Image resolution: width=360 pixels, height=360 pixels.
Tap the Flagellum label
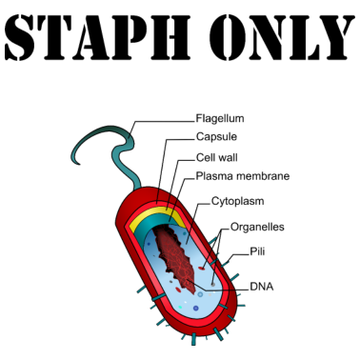pos(220,119)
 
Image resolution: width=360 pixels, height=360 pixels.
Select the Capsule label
pos(216,138)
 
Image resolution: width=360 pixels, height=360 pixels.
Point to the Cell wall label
pos(218,157)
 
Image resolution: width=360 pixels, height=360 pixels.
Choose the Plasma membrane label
pos(243,176)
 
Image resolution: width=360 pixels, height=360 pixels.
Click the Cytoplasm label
pos(237,202)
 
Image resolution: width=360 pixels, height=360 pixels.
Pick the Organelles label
pos(257,228)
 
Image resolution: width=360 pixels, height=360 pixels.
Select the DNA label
pos(263,285)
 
